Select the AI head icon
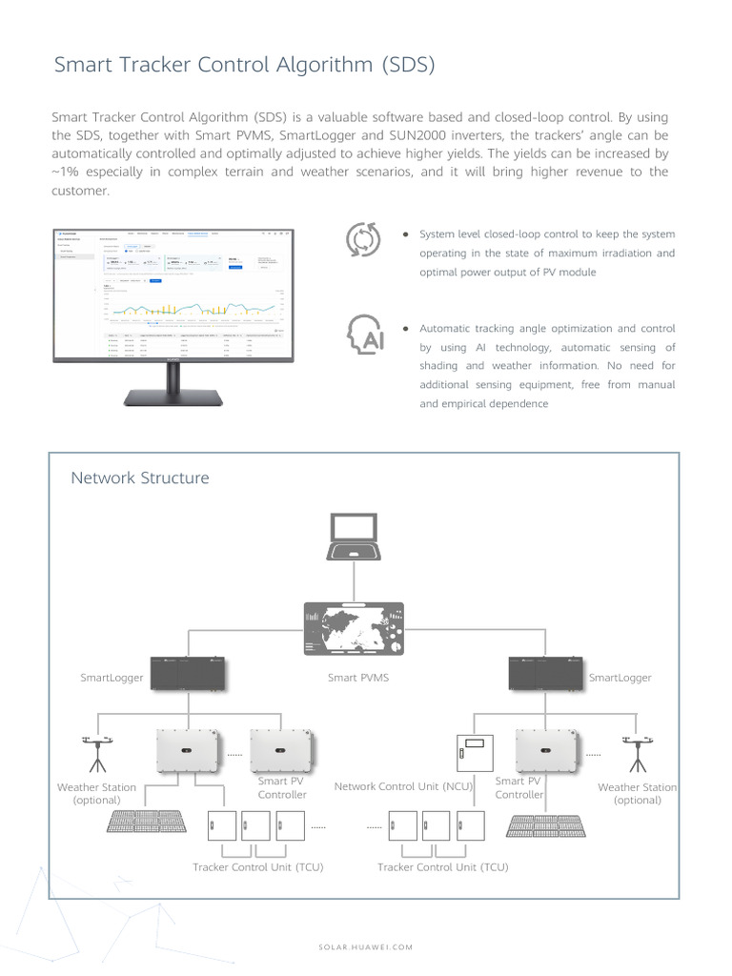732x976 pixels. (x=365, y=334)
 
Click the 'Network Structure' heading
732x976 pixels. (x=139, y=478)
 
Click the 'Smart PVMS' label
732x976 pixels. (x=358, y=678)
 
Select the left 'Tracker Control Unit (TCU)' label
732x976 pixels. (x=257, y=867)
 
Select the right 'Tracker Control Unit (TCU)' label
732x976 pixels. (x=442, y=867)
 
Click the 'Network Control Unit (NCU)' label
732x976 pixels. (x=404, y=786)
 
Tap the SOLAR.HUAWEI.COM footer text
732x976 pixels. (x=365, y=946)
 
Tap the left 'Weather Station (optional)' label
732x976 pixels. (x=96, y=794)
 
